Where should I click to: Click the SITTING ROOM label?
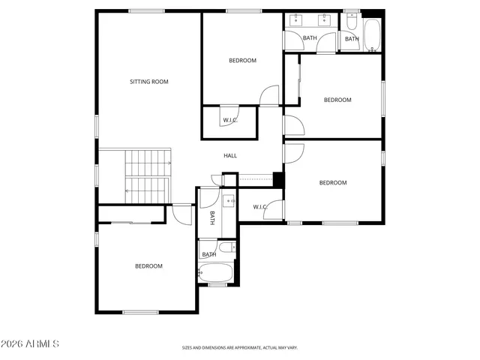tap(149, 81)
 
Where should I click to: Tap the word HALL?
tap(230, 156)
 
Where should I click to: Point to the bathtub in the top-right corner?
tap(372, 34)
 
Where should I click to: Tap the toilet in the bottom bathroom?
tap(228, 248)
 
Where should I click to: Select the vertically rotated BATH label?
tap(212, 217)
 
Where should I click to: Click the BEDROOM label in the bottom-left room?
tap(148, 266)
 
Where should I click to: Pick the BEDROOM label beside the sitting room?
tap(242, 61)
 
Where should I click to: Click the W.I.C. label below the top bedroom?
tap(229, 120)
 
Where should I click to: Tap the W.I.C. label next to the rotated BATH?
tap(260, 207)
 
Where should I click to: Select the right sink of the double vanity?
tap(327, 18)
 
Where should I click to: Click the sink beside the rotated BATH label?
tap(227, 201)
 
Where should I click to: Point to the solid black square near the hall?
tap(278, 180)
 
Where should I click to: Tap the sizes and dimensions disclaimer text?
tap(240, 348)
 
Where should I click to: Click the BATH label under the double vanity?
tap(310, 38)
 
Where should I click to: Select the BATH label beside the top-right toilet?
tap(352, 39)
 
